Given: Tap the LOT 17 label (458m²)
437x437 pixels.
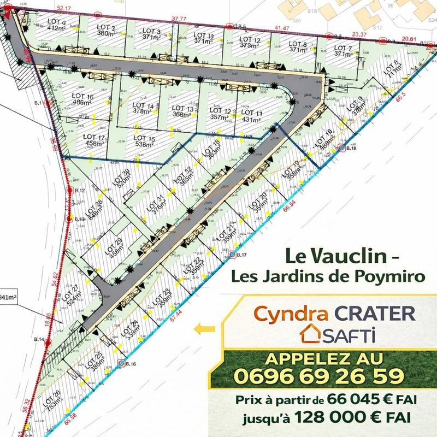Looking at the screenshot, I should pos(91,140).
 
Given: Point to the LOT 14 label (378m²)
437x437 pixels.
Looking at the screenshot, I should pos(144,109).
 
